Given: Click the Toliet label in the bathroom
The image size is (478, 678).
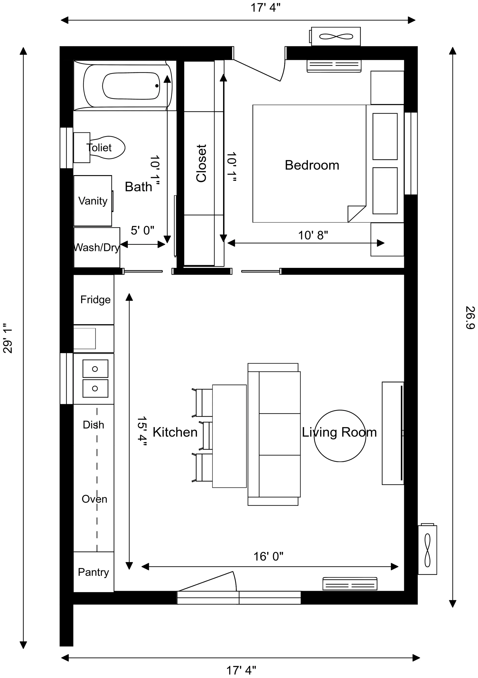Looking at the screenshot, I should (x=99, y=148).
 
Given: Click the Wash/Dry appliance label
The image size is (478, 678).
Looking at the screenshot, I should (x=96, y=247).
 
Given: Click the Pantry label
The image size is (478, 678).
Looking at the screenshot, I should (x=93, y=572).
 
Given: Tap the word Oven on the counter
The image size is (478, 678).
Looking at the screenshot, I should (x=94, y=499).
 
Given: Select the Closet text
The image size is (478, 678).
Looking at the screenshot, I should (x=201, y=163).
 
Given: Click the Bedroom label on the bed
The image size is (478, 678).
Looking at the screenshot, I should (x=312, y=165).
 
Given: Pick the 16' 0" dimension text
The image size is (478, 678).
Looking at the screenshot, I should (x=268, y=557).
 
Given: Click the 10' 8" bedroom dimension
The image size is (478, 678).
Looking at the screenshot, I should (x=313, y=235).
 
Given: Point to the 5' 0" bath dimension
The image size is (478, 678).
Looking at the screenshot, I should (x=142, y=231).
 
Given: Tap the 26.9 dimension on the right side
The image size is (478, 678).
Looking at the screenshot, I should (x=470, y=317).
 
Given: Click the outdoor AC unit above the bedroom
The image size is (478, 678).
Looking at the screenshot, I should (x=336, y=37).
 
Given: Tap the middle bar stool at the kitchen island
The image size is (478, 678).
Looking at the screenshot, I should (x=208, y=436).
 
